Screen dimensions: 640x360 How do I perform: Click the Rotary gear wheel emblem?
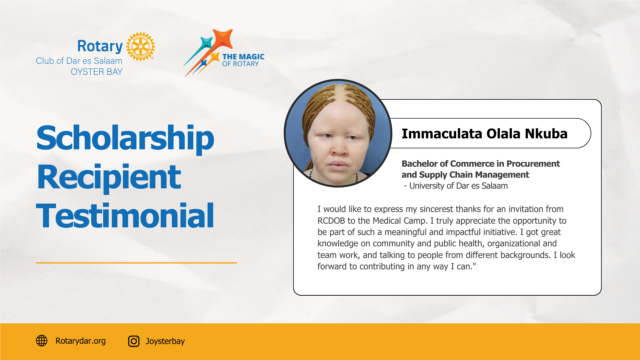pyautogui.click(x=140, y=47)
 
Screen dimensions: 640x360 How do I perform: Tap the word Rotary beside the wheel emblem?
pyautogui.click(x=100, y=46)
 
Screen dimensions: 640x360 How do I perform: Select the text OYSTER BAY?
pyautogui.click(x=97, y=72)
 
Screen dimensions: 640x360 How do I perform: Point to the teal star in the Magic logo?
pyautogui.click(x=206, y=43)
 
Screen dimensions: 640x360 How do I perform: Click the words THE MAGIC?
pyautogui.click(x=243, y=57)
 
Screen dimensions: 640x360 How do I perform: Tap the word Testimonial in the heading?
pyautogui.click(x=125, y=216)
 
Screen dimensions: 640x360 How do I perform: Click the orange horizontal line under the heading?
pyautogui.click(x=136, y=263)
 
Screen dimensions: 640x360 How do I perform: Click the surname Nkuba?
pyautogui.click(x=546, y=134)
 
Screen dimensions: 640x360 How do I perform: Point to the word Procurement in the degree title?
pyautogui.click(x=533, y=164)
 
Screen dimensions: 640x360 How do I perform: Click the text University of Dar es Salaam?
pyautogui.click(x=458, y=186)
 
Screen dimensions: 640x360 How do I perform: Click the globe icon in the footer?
pyautogui.click(x=42, y=341)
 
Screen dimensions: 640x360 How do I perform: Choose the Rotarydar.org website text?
pyautogui.click(x=80, y=341)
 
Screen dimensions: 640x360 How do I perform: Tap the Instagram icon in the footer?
pyautogui.click(x=134, y=341)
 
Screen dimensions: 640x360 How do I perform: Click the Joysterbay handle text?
pyautogui.click(x=165, y=341)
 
